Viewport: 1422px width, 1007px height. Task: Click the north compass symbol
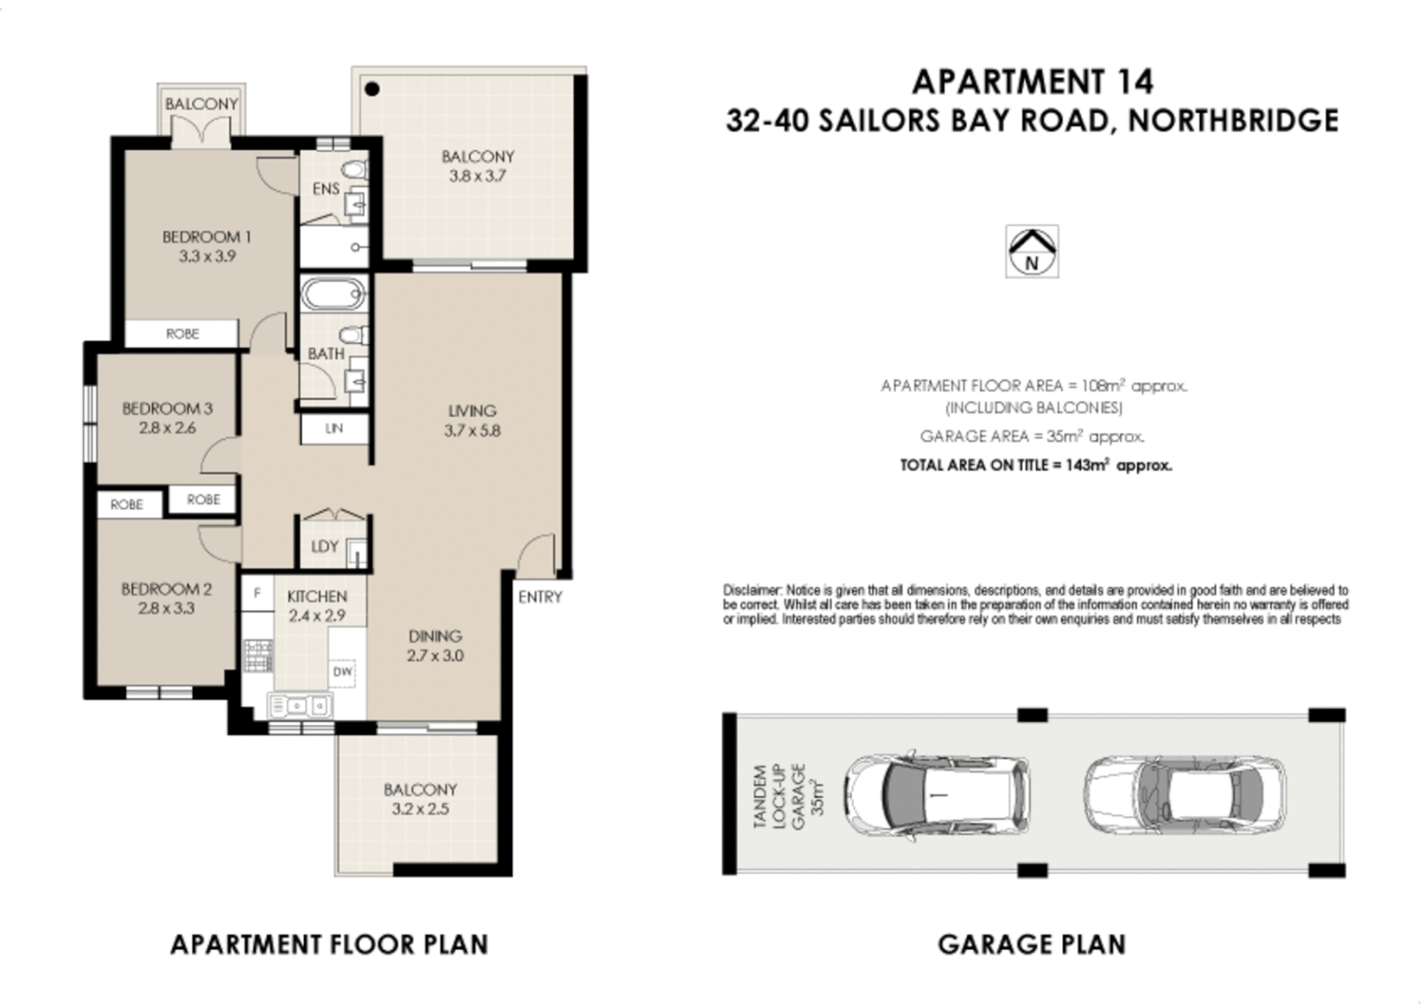pos(1031,252)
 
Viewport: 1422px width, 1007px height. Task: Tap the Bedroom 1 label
pos(206,237)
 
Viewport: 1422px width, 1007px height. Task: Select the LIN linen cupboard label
pos(334,429)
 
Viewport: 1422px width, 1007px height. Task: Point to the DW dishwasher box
pos(342,671)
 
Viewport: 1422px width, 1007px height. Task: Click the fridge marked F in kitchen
pos(257,593)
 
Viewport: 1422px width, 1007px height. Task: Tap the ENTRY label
pos(540,597)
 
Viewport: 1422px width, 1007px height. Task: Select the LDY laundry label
pos(324,546)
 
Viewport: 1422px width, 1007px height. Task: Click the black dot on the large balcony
pos(372,90)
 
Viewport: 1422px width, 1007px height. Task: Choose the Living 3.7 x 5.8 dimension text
pos(473,431)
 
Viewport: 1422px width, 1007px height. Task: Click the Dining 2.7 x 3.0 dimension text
pos(435,655)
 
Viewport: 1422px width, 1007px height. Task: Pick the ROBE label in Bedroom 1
pos(182,334)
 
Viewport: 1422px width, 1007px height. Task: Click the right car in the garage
pos(1184,794)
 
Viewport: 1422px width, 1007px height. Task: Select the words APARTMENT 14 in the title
pos(1032,82)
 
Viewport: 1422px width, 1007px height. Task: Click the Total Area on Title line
pos(1035,465)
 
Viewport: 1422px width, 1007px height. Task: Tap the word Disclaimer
pos(752,590)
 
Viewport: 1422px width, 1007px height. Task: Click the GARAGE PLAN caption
pos(1031,945)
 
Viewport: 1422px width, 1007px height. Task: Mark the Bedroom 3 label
pos(167,408)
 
